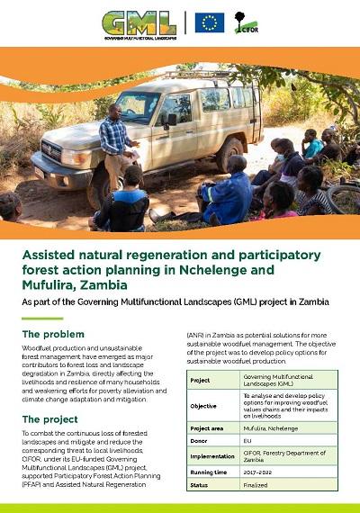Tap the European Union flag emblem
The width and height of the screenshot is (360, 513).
click(x=210, y=22)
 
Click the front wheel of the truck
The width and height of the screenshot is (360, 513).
click(x=98, y=187)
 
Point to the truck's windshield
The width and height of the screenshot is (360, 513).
click(x=138, y=107)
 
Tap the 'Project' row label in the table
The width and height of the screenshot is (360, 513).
click(x=202, y=380)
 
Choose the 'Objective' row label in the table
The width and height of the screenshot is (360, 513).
click(x=204, y=406)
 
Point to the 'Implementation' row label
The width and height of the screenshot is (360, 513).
click(x=212, y=457)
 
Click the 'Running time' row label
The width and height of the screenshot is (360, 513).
click(x=211, y=472)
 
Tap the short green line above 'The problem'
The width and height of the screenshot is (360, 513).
click(x=41, y=318)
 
